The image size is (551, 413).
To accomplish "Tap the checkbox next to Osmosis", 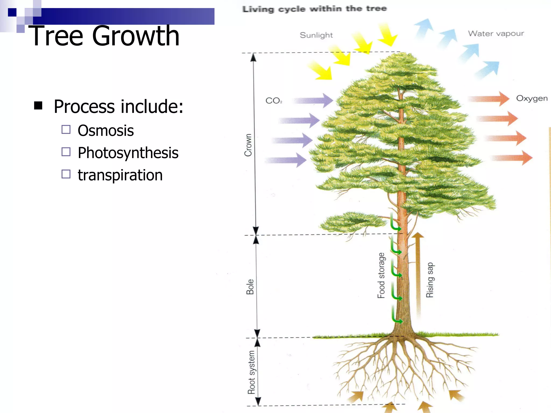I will tap(66, 130).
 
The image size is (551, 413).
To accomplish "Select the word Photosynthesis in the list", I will tap(128, 153).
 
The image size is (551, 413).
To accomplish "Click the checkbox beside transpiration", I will tap(66, 174).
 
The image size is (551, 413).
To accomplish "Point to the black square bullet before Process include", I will tap(38, 106).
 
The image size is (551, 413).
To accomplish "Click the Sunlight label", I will tap(316, 35).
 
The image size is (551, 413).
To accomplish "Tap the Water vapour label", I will tap(496, 34).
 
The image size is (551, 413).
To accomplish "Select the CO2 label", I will tap(273, 101).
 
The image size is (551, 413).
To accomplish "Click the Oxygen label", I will tap(532, 98).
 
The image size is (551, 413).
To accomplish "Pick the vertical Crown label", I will tap(248, 145).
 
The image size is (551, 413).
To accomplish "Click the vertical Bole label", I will tap(250, 287).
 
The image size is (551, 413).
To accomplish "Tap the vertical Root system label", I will tap(251, 372).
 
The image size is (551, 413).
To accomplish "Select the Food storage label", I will tap(381, 276).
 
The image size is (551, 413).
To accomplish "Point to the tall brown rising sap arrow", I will tap(418, 274).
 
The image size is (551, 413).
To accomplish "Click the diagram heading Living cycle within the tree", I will tap(314, 9).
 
